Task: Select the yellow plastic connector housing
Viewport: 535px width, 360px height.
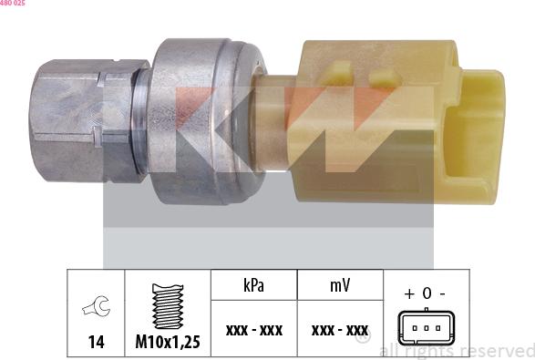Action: tap(365, 118)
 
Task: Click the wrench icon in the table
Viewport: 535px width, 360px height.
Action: tap(96, 308)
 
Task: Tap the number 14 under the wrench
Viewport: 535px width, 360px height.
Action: tap(96, 342)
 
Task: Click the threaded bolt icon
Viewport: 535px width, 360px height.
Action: tap(169, 305)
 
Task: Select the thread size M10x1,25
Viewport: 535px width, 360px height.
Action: tap(169, 342)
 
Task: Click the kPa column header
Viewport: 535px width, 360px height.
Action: tap(254, 286)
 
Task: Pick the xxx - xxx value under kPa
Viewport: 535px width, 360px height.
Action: tap(254, 329)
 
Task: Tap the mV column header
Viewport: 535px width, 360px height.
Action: tap(339, 286)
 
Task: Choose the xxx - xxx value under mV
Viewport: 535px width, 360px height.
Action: tap(339, 329)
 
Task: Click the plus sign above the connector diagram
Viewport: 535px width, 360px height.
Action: tap(408, 294)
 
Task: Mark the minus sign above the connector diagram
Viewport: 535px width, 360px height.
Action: tap(442, 294)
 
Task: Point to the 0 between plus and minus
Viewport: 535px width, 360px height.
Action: tap(426, 294)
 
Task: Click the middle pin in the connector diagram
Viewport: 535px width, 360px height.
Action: tap(425, 327)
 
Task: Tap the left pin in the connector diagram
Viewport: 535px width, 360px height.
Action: tap(415, 327)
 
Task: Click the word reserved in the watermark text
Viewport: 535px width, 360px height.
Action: tap(497, 350)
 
